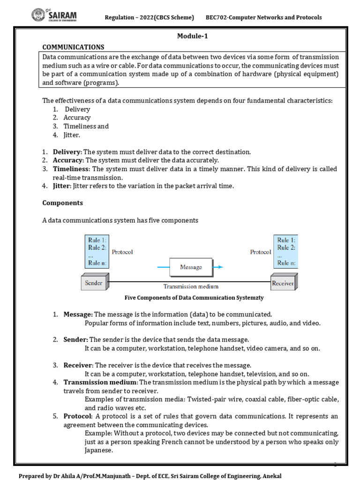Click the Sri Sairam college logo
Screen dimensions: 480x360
tap(54, 16)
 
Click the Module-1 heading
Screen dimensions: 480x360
tap(191, 37)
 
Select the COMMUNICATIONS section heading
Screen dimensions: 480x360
tap(73, 47)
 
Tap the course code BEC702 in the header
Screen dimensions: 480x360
tap(218, 18)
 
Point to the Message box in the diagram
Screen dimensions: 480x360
tap(191, 267)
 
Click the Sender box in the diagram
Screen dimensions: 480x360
tap(94, 283)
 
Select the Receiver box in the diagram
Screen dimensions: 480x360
tap(283, 283)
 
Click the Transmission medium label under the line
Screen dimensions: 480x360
tap(190, 286)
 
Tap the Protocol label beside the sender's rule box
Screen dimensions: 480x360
tap(122, 252)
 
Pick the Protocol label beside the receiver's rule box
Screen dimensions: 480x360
tap(261, 252)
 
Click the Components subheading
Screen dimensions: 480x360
tap(63, 203)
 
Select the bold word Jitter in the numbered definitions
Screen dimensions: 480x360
tap(60, 186)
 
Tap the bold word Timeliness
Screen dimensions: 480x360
tap(71, 169)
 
